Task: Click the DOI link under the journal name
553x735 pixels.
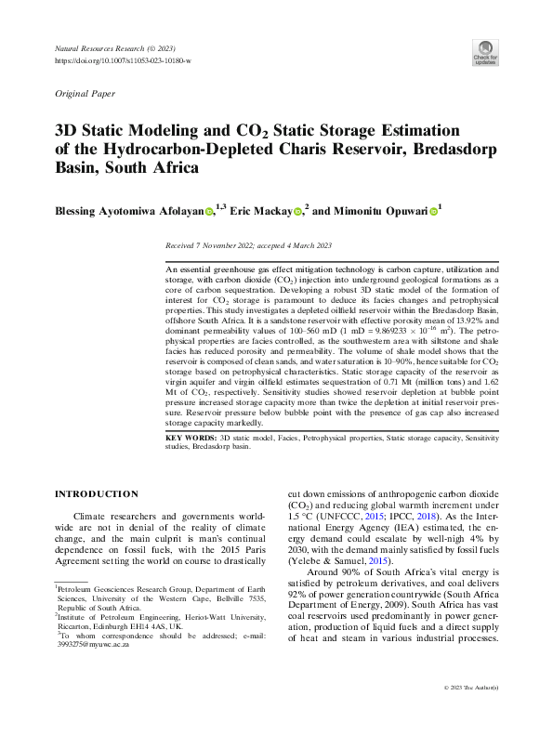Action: point(124,60)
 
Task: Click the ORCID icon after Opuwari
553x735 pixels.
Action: point(433,213)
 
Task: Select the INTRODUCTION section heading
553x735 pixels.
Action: point(98,493)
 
